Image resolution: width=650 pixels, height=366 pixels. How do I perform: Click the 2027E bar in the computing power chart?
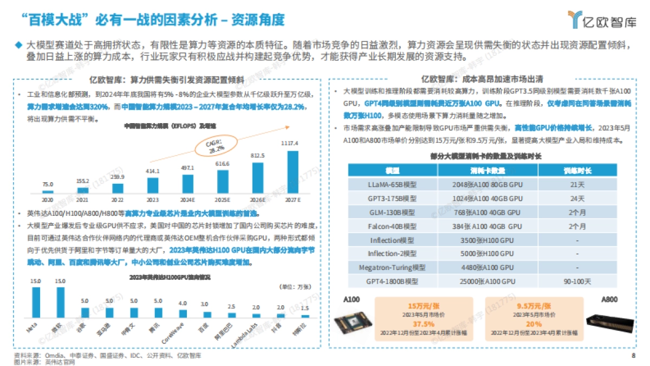click(x=292, y=172)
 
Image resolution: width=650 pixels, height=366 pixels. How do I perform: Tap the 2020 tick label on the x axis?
click(x=48, y=200)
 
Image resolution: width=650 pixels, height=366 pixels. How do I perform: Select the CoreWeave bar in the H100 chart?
click(x=183, y=313)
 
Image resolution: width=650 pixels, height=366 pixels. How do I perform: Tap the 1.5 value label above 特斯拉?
click(x=305, y=308)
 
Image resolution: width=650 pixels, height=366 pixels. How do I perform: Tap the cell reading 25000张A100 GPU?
click(x=487, y=281)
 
